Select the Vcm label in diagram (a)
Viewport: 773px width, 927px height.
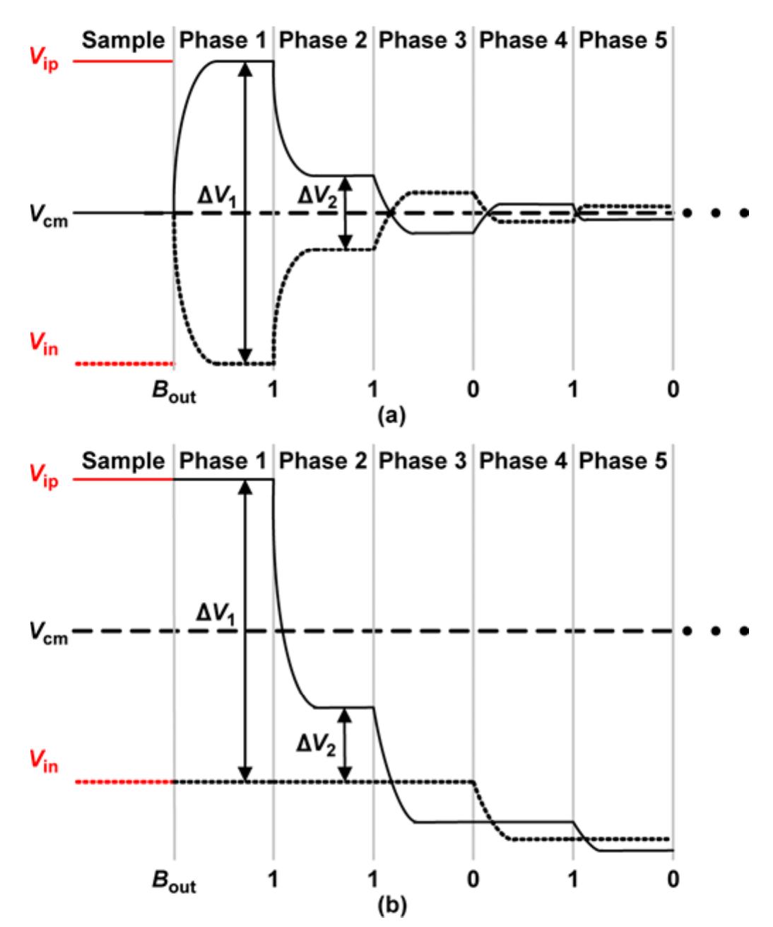48,215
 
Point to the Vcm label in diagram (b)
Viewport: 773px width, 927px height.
48,633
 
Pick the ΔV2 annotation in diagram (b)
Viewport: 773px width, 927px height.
316,745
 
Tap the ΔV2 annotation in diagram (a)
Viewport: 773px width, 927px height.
317,196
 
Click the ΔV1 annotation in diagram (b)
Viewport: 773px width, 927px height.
216,614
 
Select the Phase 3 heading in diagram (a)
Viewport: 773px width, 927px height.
423,40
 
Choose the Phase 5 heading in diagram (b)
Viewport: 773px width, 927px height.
622,461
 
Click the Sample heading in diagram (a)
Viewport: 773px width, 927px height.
123,41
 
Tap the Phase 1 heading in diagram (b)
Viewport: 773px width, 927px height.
223,461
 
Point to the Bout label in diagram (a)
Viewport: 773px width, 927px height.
174,391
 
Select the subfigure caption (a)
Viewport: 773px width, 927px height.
391,415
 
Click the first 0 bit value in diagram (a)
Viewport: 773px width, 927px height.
473,389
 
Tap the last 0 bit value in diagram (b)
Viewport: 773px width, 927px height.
673,879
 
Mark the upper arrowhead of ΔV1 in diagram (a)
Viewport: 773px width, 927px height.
245,69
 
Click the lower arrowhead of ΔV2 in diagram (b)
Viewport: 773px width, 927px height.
345,774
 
